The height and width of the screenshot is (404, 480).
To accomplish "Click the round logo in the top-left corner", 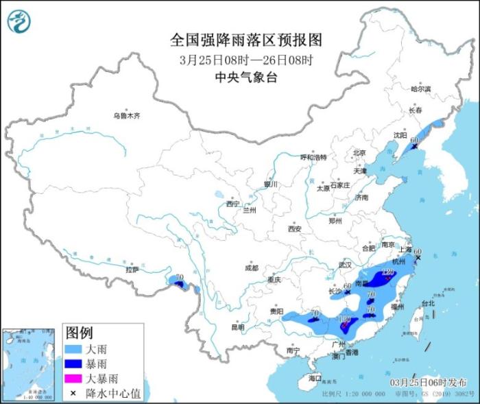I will [19, 21].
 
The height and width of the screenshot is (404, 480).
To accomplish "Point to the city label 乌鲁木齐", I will [127, 116].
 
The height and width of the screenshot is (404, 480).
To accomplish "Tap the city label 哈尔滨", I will [420, 89].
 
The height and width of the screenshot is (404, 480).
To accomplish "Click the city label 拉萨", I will [132, 270].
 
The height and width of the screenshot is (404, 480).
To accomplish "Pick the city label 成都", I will [251, 268].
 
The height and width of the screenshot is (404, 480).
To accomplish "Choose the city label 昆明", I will [237, 327].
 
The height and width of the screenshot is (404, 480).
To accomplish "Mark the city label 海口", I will [315, 378].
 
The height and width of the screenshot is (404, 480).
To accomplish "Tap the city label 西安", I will [295, 228].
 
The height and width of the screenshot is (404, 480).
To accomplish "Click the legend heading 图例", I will [79, 333].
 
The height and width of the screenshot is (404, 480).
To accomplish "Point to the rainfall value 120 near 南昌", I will [387, 273].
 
